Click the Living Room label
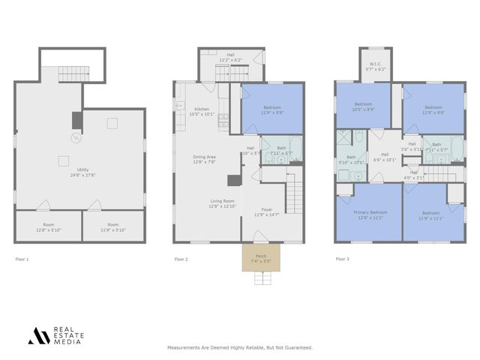pyautogui.click(x=221, y=201)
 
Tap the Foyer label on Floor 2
pyautogui.click(x=265, y=210)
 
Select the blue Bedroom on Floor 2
pyautogui.click(x=271, y=109)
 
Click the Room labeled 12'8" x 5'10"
pyautogui.click(x=48, y=225)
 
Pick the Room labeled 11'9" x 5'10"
pyautogui.click(x=112, y=225)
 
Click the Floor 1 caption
pyautogui.click(x=22, y=259)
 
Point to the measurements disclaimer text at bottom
pyautogui.click(x=239, y=348)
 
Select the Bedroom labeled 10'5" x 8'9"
pyautogui.click(x=363, y=106)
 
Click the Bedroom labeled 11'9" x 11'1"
pyautogui.click(x=430, y=214)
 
